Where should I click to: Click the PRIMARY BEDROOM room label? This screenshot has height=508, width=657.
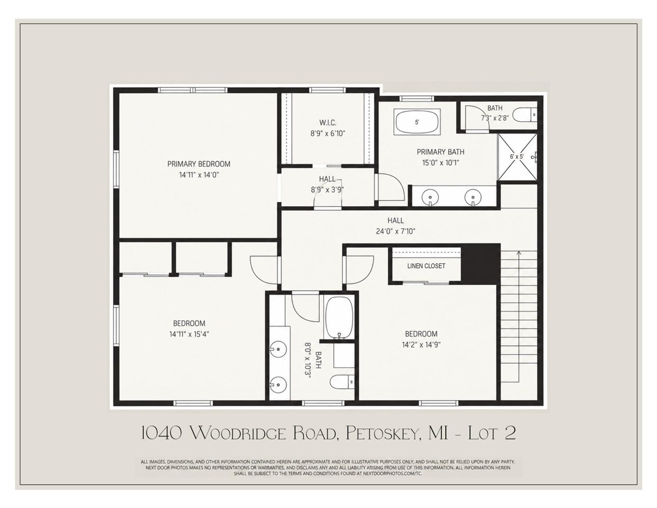199,164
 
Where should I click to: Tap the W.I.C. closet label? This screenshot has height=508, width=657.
328,122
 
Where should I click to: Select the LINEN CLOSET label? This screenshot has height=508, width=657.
426,266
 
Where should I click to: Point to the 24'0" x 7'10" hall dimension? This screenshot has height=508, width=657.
396,231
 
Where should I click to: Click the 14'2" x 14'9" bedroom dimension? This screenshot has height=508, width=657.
421,344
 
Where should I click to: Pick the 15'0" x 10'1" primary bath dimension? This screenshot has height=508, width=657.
441,162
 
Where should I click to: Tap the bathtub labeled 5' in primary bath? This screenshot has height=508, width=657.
417,122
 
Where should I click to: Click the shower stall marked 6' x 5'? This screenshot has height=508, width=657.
517,157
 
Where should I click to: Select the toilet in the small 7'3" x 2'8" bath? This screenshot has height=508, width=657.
525,115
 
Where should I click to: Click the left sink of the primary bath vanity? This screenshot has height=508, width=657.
430,197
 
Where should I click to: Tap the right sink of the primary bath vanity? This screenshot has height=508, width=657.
472,197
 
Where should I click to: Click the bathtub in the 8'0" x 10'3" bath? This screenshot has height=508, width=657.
339,318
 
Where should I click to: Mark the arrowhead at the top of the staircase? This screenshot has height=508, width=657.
518,252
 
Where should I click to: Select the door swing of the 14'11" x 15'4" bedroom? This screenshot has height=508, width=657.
263,270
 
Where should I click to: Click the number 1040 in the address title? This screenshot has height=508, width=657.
161,433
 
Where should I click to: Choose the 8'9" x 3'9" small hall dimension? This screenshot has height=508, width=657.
327,190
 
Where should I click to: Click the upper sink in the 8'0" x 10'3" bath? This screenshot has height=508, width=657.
278,350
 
